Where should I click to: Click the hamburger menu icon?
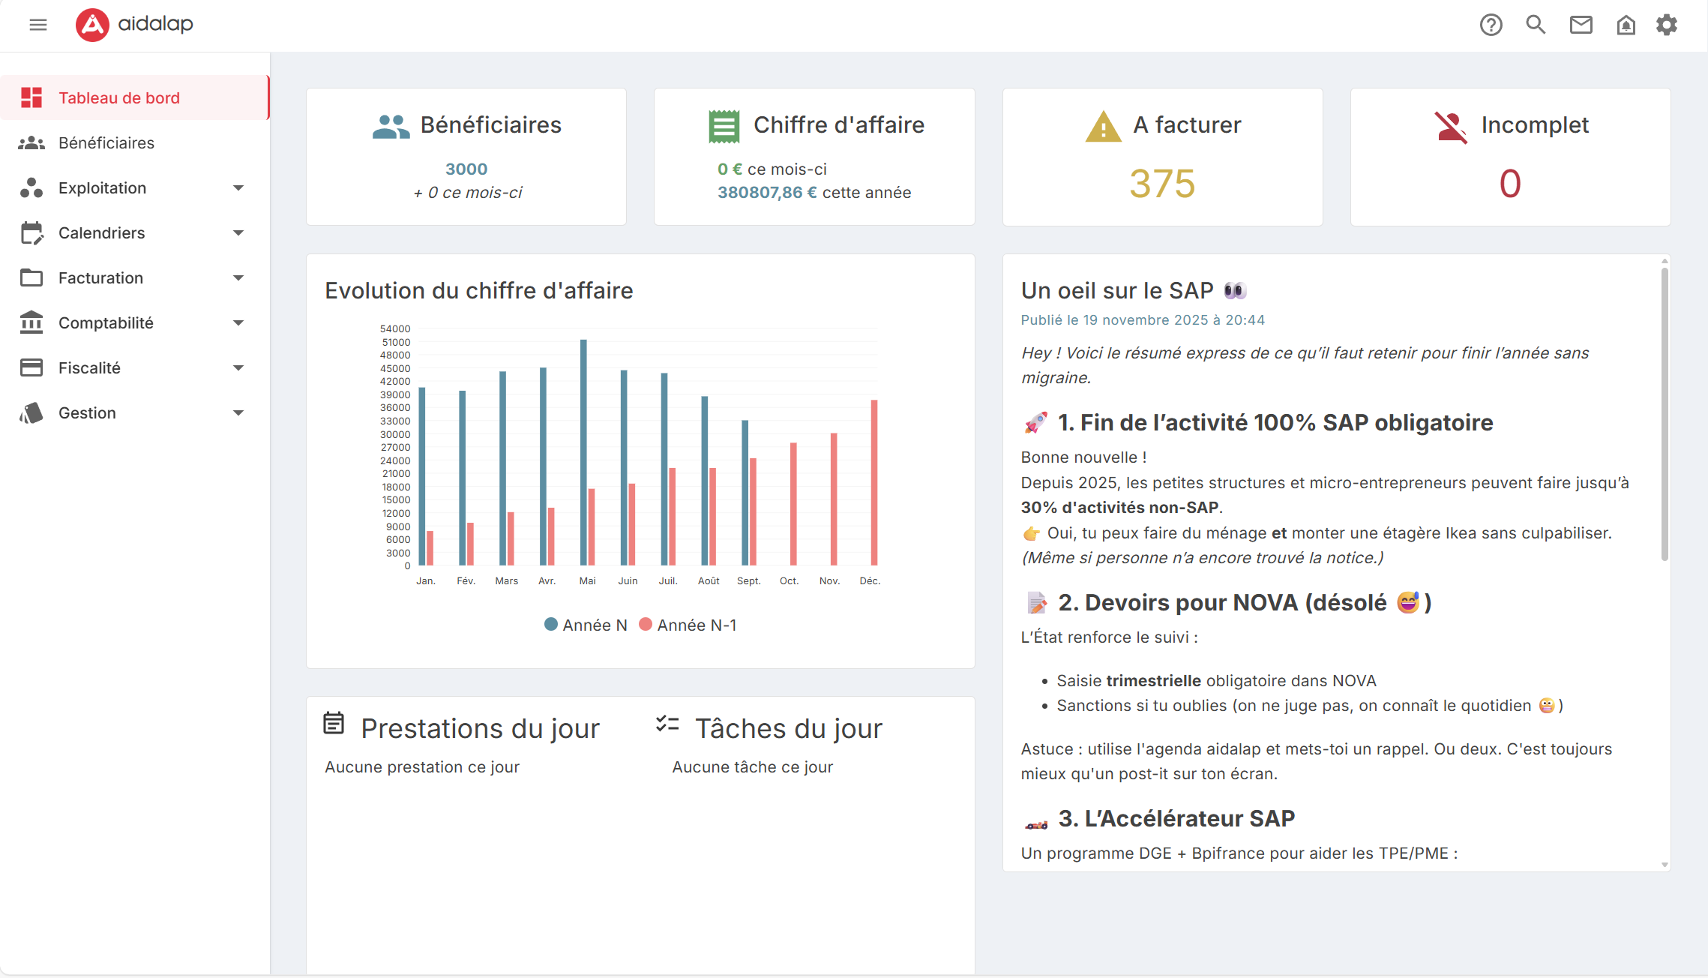[x=38, y=25]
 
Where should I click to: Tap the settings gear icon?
[x=1666, y=25]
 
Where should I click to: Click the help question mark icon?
[x=1491, y=25]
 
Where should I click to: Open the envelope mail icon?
[x=1581, y=25]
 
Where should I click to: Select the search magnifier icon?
[x=1536, y=25]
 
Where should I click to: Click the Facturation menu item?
[x=100, y=277]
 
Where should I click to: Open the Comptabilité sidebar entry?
[x=106, y=322]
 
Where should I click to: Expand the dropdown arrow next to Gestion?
[x=238, y=412]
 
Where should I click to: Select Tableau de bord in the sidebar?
[x=119, y=97]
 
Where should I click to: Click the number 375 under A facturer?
[x=1162, y=184]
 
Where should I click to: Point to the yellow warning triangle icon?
[x=1103, y=127]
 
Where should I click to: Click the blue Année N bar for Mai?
[x=583, y=452]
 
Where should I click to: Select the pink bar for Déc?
[x=873, y=482]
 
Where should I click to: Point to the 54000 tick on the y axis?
[x=395, y=328]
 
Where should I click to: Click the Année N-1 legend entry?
[x=688, y=625]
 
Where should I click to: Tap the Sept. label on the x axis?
[x=748, y=580]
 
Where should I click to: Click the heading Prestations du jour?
[x=480, y=728]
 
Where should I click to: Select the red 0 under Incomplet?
[x=1510, y=184]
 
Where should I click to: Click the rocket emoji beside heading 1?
[x=1035, y=423]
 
